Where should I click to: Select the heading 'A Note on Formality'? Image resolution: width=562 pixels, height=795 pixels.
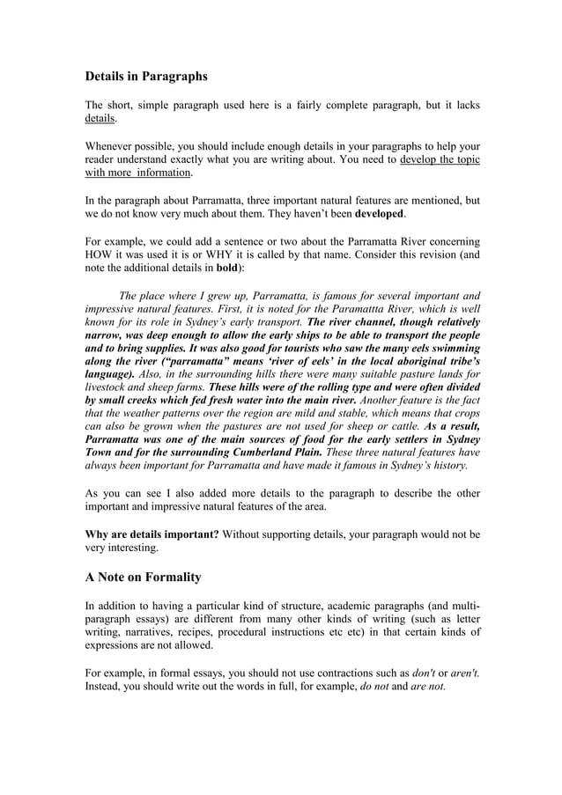[x=143, y=578]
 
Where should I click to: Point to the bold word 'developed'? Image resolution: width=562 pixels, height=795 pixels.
[x=380, y=214]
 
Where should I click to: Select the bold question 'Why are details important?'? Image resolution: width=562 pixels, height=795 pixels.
[x=152, y=534]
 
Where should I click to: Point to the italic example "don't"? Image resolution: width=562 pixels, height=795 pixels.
[x=427, y=673]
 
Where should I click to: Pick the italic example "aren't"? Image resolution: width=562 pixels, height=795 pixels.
[x=463, y=673]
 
